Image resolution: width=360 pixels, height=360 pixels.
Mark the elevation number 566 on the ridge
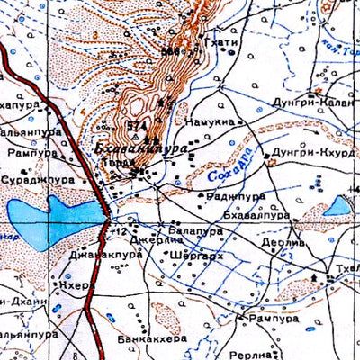[x=168, y=51]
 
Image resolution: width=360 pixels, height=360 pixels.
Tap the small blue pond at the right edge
[x=337, y=206]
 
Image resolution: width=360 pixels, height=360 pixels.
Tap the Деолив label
[x=279, y=241]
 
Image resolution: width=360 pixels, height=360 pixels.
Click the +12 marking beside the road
[x=115, y=231]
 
